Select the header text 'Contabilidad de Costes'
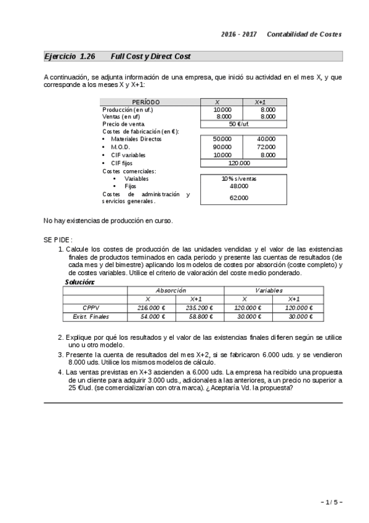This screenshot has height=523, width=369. [304, 34]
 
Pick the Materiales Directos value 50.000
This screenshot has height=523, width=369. [222, 139]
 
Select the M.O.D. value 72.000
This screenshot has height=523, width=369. [266, 147]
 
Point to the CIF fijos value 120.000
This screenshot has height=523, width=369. [239, 163]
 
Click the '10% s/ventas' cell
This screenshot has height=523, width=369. [239, 179]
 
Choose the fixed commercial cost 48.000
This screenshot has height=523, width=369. [239, 186]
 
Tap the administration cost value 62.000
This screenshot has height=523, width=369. [239, 198]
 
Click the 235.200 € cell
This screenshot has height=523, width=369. [199, 308]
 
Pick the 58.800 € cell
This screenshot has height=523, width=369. [199, 316]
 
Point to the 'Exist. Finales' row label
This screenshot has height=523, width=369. [86, 316]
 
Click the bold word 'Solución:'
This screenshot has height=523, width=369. [79, 282]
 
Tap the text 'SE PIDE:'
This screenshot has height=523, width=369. [58, 239]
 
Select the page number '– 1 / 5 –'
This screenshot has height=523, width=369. [331, 503]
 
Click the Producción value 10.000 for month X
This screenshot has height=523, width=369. [223, 109]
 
